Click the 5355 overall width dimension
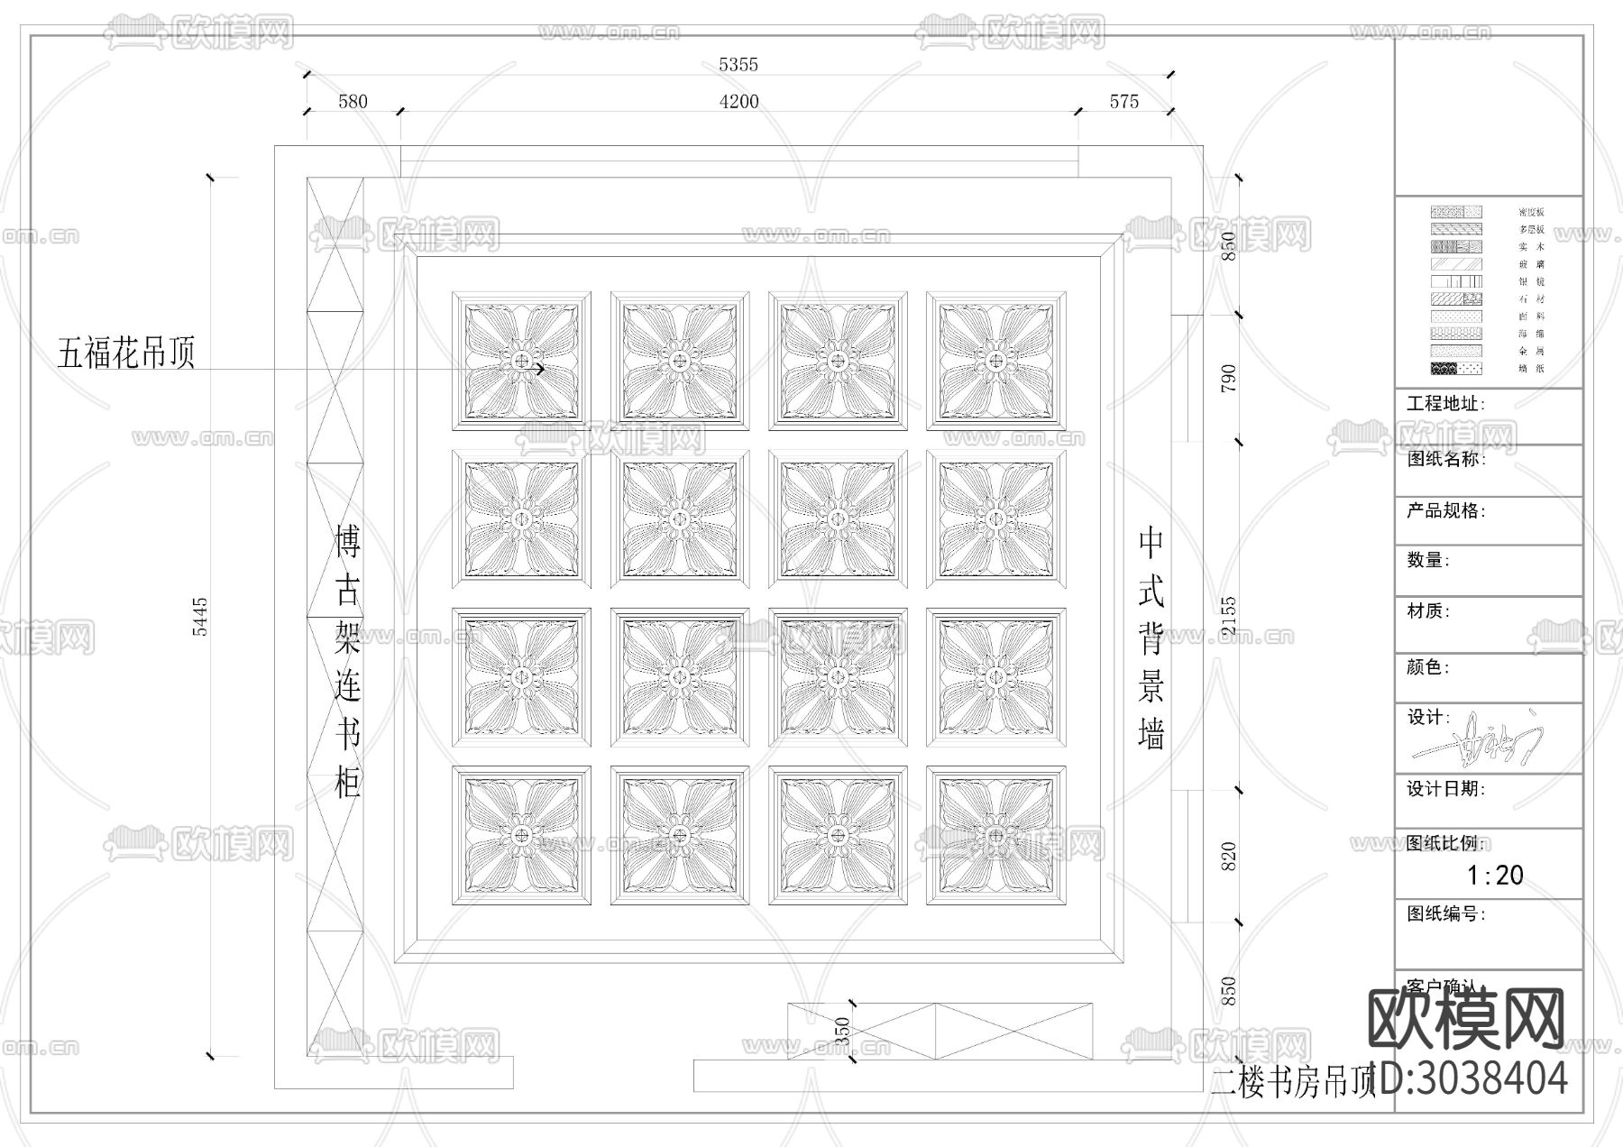(738, 65)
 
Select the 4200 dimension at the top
(738, 102)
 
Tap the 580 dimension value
(353, 102)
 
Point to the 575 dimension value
(1123, 102)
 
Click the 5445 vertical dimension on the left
(200, 617)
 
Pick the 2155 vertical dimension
(1228, 617)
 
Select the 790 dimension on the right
(1228, 378)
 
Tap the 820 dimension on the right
(1228, 856)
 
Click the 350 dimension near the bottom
(843, 1031)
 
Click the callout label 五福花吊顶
(126, 353)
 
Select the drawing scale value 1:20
(1494, 875)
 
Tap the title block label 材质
(1428, 611)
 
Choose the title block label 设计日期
(1445, 789)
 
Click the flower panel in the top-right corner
(995, 361)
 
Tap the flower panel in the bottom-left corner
(521, 836)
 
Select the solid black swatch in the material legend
(1444, 369)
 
